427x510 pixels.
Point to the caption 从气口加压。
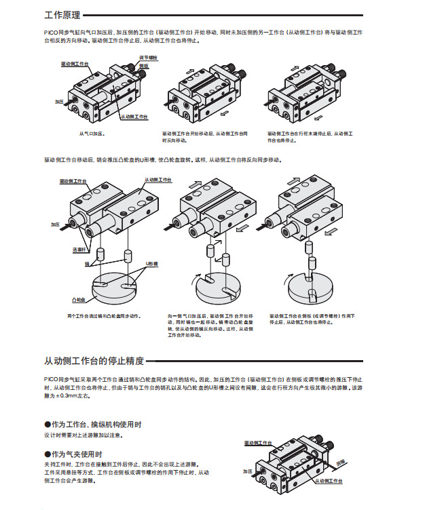coord(93,134)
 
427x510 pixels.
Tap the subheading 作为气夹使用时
coord(76,454)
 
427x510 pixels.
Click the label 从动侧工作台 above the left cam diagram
coord(157,180)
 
